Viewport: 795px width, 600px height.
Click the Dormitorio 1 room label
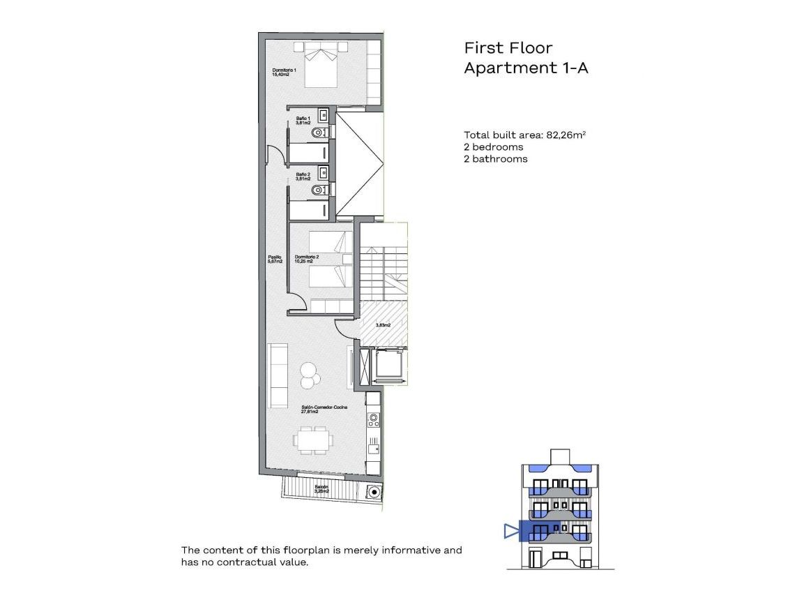(285, 73)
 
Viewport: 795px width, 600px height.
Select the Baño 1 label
(303, 120)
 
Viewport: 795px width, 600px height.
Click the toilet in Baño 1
(319, 132)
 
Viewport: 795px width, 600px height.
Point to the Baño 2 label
(303, 177)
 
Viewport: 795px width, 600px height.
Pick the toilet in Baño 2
(319, 190)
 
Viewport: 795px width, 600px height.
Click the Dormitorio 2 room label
(307, 259)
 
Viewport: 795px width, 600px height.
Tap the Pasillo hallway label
(275, 260)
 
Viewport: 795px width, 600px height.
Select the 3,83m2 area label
(383, 325)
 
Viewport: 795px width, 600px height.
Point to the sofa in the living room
(279, 375)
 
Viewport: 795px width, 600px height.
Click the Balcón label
(321, 488)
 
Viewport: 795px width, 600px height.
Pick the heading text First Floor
(508, 48)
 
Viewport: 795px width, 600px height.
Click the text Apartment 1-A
(527, 68)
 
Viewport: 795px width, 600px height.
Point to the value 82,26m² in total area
(566, 135)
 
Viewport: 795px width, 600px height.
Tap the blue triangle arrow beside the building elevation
(511, 532)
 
